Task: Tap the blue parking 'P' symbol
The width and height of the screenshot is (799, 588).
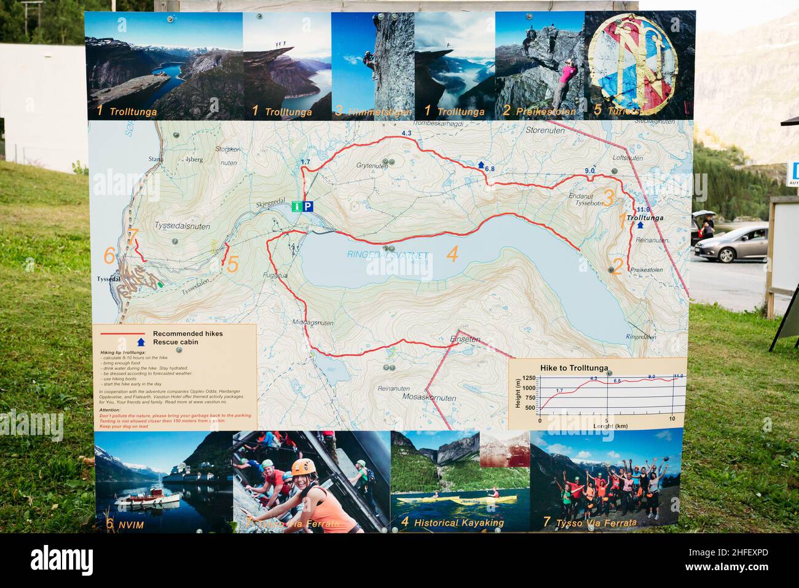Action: point(309,207)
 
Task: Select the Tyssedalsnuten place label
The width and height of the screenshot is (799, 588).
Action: point(183,226)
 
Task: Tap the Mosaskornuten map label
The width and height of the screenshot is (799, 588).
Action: point(430,398)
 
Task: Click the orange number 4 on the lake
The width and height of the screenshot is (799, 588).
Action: point(452,254)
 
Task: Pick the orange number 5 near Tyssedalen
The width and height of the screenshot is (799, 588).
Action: point(232,264)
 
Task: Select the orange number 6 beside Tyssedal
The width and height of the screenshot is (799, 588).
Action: point(109,255)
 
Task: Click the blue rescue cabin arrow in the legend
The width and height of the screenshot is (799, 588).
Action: point(141,342)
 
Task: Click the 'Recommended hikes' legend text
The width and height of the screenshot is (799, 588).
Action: point(187,333)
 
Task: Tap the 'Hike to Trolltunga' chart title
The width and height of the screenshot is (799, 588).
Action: point(574,368)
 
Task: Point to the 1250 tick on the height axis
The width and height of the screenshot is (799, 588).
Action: point(528,378)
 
